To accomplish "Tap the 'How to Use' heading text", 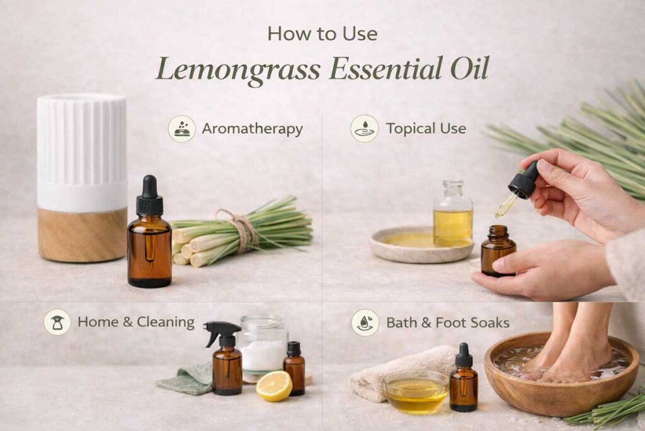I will (322, 33).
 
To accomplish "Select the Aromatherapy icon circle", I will (181, 129).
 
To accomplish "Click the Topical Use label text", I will (426, 129).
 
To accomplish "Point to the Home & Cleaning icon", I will (57, 322).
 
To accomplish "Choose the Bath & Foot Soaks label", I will (447, 322).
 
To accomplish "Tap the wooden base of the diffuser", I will (82, 235).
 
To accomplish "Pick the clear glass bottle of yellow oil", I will (452, 218).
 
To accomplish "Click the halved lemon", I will (274, 386).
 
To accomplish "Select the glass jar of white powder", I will (262, 347).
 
